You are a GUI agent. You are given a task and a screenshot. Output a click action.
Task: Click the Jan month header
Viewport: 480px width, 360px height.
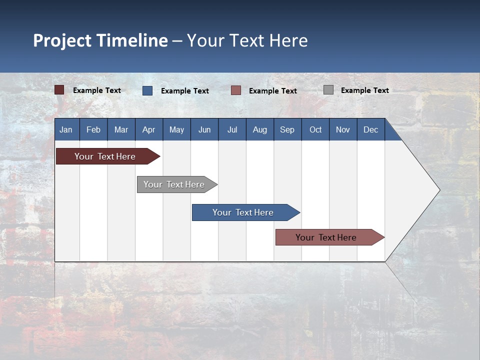[x=66, y=129]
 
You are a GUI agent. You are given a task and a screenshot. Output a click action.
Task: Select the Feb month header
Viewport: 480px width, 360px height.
[x=93, y=129]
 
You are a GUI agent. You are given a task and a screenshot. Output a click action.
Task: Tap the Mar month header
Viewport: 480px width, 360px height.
[x=121, y=129]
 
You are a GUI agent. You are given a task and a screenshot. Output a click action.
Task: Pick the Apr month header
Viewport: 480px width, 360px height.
[x=148, y=129]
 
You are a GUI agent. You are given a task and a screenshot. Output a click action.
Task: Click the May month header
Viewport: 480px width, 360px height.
[x=176, y=129]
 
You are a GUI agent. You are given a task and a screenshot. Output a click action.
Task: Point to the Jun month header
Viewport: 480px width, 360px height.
[x=204, y=129]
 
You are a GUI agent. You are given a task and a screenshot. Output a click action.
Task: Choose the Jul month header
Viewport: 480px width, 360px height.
[x=232, y=129]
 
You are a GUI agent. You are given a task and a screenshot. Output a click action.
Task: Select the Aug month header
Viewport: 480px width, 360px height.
[x=259, y=129]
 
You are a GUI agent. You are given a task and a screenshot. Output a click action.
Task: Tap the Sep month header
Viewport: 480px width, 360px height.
[x=287, y=129]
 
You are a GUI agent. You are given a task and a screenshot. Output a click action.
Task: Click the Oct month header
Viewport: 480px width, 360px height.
[x=315, y=129]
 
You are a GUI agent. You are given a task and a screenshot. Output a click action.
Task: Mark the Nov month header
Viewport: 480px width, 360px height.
[x=343, y=129]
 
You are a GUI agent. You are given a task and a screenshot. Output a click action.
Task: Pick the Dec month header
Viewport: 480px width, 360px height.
[x=370, y=129]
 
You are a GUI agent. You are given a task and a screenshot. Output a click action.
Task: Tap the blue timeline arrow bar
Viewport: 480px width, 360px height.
[x=243, y=212]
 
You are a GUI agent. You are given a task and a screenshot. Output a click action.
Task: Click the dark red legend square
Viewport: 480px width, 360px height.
[x=59, y=90]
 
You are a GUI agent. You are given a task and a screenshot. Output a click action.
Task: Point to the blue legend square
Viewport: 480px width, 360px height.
[x=147, y=90]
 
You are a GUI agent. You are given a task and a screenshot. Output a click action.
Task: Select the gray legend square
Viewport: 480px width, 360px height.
[x=328, y=90]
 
